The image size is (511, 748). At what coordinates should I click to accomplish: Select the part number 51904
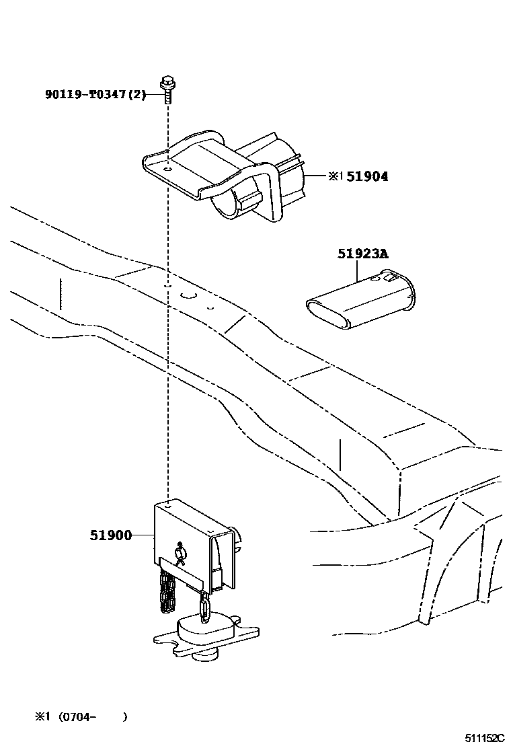367,177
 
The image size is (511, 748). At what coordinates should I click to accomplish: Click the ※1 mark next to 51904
336,177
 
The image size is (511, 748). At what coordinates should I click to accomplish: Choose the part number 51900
111,535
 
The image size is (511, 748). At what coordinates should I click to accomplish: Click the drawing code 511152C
478,738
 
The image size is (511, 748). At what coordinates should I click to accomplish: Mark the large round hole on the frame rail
188,297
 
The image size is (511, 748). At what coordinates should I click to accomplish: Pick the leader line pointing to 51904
317,177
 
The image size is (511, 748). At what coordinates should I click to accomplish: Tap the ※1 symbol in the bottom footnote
43,716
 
